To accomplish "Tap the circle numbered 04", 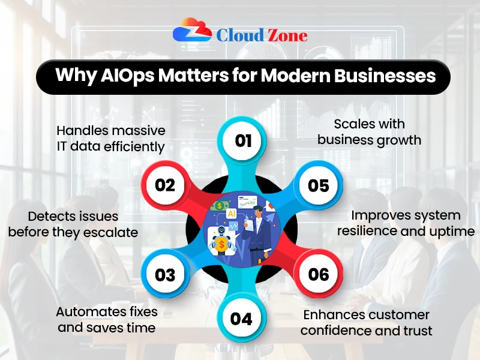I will pyautogui.click(x=241, y=318).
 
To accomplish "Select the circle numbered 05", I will pyautogui.click(x=319, y=185).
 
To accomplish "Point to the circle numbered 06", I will pyautogui.click(x=319, y=274).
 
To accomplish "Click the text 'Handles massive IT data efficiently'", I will pyautogui.click(x=110, y=138).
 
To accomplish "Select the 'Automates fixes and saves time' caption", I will pyautogui.click(x=107, y=319).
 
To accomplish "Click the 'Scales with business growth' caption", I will pyautogui.click(x=370, y=132).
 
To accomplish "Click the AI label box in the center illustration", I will pyautogui.click(x=231, y=212).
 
